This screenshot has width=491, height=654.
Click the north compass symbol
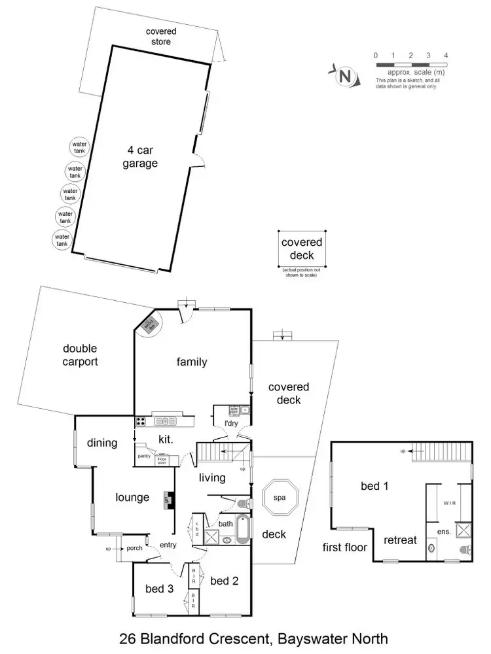346,76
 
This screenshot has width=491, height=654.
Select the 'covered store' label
160,36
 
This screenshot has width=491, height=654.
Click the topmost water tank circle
79,147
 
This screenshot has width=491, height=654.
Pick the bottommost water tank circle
62,239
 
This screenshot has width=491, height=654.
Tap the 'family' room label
191,362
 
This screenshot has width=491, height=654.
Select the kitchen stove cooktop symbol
141,421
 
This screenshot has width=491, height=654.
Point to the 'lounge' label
133,498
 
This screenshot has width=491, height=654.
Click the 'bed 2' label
224,581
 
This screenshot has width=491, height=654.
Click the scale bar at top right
410,65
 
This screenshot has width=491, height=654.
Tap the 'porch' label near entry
135,548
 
